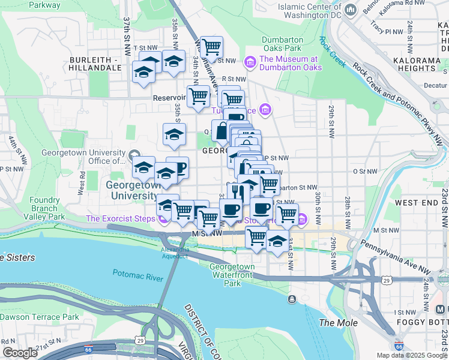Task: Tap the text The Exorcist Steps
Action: pos(120,218)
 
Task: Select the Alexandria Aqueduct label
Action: pos(175,253)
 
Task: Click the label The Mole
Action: pos(338,323)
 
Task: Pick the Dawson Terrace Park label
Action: pos(40,317)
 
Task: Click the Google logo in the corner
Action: pos(20,353)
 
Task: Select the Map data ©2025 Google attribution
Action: pos(411,355)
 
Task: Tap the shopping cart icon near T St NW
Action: pos(211,46)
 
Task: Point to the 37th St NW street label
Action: pos(127,36)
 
